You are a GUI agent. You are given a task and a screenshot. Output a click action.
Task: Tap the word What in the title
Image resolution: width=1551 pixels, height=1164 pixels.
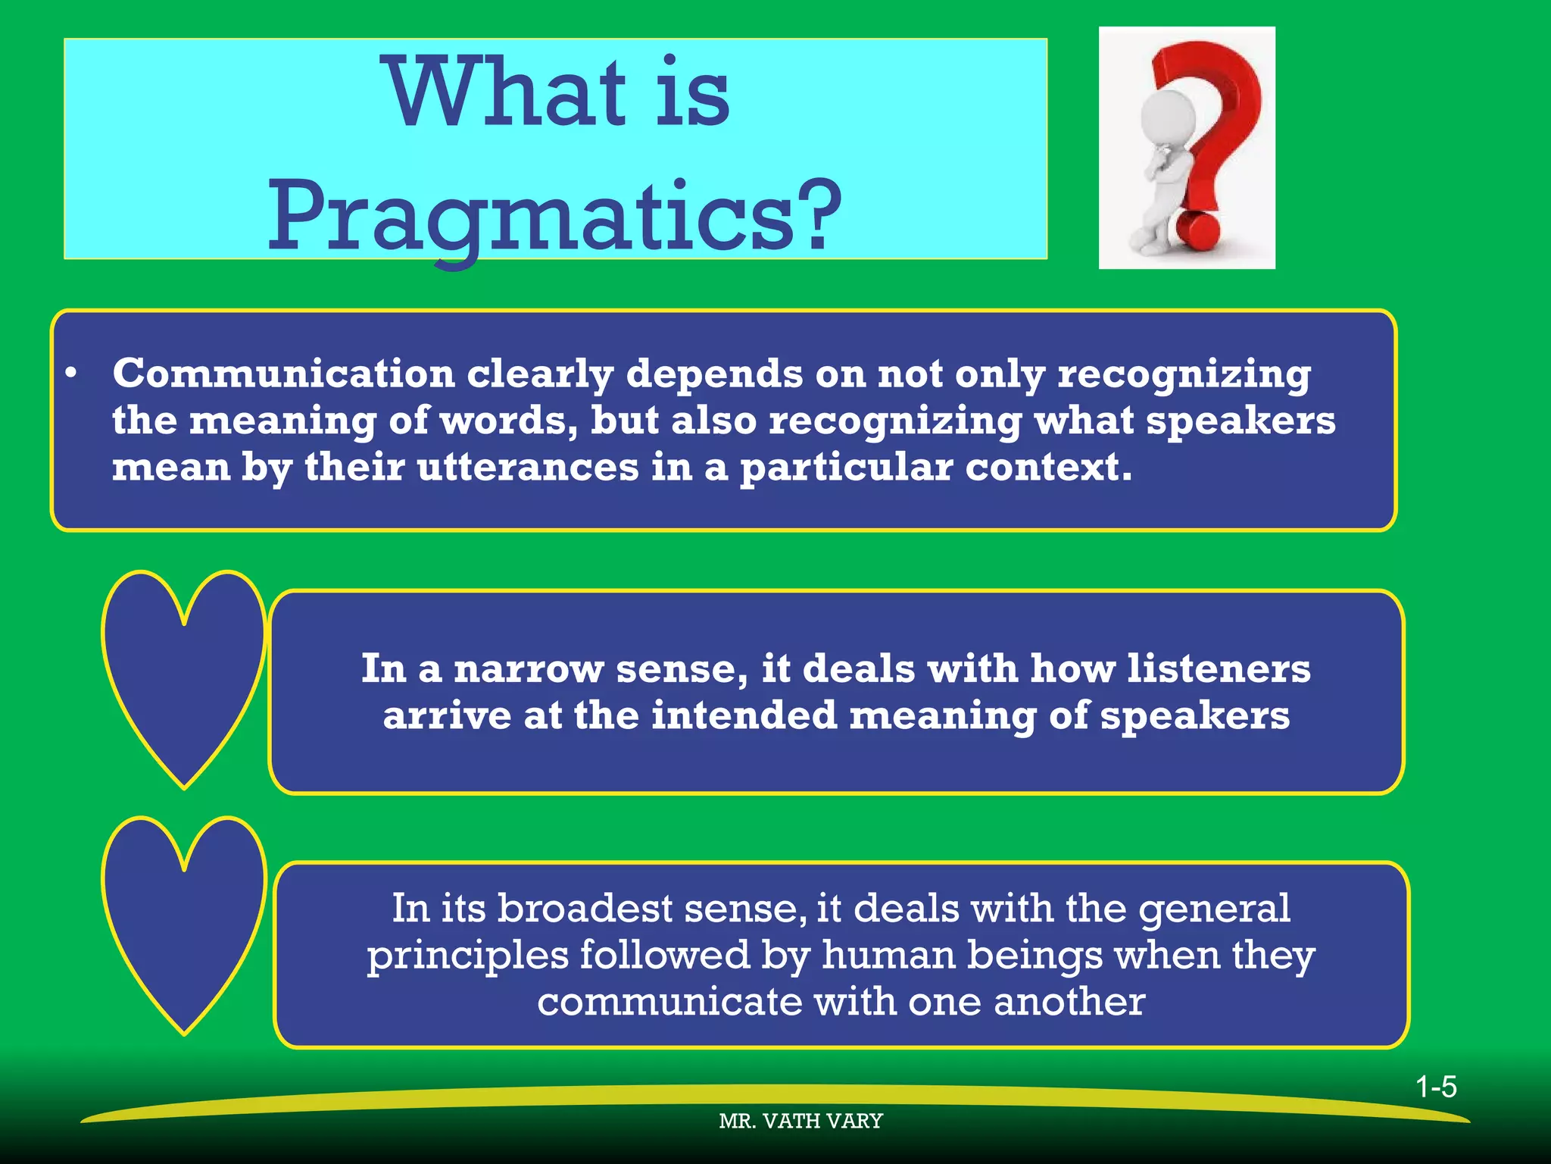pyautogui.click(x=506, y=95)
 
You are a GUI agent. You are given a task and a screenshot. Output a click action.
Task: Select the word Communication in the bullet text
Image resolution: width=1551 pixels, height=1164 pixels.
pyautogui.click(x=283, y=374)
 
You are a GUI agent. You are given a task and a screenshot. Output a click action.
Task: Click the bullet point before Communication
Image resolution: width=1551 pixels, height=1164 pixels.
pyautogui.click(x=71, y=374)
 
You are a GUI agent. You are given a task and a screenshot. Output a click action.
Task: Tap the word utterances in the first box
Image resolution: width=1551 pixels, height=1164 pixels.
pyautogui.click(x=528, y=467)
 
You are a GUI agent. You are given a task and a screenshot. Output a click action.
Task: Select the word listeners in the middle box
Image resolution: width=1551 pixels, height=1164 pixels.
pyautogui.click(x=1219, y=668)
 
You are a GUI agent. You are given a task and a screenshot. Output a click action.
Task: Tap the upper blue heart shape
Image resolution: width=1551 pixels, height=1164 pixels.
pyautogui.click(x=183, y=667)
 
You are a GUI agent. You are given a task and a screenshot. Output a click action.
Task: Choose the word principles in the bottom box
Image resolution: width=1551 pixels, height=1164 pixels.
pyautogui.click(x=467, y=956)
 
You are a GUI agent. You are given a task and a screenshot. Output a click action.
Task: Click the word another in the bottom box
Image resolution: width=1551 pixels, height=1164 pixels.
pyautogui.click(x=1069, y=1002)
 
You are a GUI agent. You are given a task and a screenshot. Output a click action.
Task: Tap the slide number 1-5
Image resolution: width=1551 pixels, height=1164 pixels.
pyautogui.click(x=1436, y=1087)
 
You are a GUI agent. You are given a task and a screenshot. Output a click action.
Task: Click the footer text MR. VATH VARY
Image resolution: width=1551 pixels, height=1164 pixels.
pyautogui.click(x=800, y=1121)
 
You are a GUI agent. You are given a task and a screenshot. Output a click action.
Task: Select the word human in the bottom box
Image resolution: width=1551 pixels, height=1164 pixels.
pyautogui.click(x=888, y=955)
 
